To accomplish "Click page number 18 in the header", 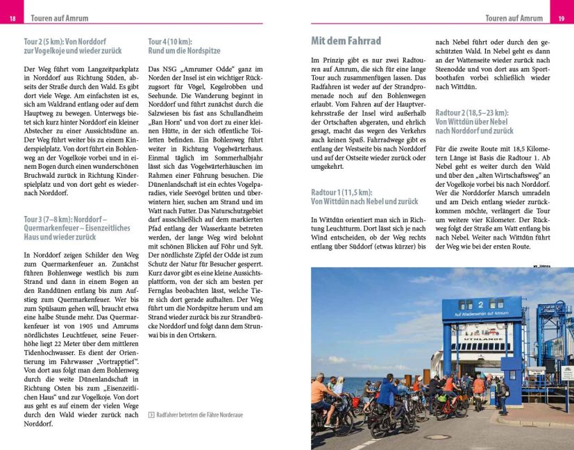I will point(12,18).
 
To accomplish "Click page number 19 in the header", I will point(561,18).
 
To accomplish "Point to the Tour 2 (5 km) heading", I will point(72,46).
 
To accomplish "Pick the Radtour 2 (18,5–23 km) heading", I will point(474,122).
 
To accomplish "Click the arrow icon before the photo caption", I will point(151,415).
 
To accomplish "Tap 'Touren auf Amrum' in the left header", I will point(58,18).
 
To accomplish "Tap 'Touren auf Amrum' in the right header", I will point(514,18).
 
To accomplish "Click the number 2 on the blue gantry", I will point(480,305).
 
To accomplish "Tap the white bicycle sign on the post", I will point(567,373).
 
